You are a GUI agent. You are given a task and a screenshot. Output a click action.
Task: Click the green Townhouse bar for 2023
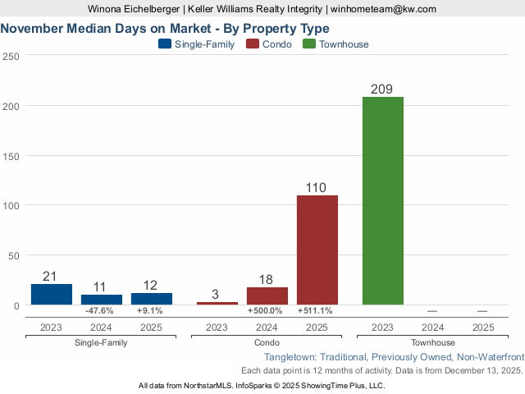pos(382,201)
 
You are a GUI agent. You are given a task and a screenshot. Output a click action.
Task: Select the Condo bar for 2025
pos(317,250)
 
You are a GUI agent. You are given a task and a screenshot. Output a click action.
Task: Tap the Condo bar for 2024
pos(267,295)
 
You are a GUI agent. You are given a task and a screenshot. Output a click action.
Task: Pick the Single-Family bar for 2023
pos(52,294)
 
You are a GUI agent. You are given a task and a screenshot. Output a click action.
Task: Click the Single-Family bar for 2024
pos(102,300)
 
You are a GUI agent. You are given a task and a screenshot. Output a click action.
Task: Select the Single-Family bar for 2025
pos(152,299)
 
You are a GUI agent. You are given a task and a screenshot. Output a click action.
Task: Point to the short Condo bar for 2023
pos(217,303)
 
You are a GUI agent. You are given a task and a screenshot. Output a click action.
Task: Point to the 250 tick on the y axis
pos(11,57)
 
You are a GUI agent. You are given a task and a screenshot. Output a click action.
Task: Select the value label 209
pos(382,89)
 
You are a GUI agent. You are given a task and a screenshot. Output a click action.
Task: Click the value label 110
pos(317,187)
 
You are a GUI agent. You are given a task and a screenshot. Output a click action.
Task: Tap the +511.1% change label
pos(317,311)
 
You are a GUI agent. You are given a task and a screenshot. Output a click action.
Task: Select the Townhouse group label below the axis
pos(432,342)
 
